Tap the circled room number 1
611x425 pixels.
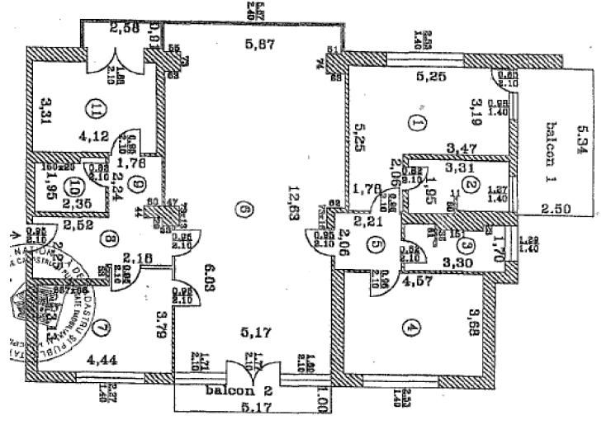[x=415, y=123]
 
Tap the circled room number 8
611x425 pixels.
[x=111, y=241]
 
